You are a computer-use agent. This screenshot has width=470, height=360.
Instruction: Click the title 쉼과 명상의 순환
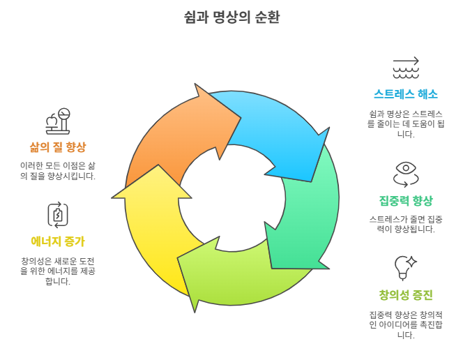tap(234, 17)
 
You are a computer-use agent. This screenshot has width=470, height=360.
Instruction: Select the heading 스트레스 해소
tap(405, 93)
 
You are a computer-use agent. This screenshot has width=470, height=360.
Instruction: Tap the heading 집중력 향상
tap(405, 201)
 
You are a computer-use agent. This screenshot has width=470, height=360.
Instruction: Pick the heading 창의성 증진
tap(405, 294)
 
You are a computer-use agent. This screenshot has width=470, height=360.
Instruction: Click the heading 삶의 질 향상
tap(58, 147)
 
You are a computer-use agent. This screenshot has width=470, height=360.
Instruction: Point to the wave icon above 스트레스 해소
tap(405, 67)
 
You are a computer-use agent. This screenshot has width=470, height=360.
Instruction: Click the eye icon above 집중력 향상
tap(405, 170)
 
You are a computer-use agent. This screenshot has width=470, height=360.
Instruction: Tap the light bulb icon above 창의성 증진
tap(405, 265)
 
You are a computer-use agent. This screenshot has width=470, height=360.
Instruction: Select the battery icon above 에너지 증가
tap(58, 214)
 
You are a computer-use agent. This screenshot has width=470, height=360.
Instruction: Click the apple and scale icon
tap(58, 121)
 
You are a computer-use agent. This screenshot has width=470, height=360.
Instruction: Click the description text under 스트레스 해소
tap(405, 123)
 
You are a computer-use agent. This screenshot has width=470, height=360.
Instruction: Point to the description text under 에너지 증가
tap(58, 271)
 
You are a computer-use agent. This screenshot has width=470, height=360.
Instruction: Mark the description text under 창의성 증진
tap(405, 324)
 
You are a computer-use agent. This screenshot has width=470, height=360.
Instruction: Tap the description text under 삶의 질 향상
tap(58, 170)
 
